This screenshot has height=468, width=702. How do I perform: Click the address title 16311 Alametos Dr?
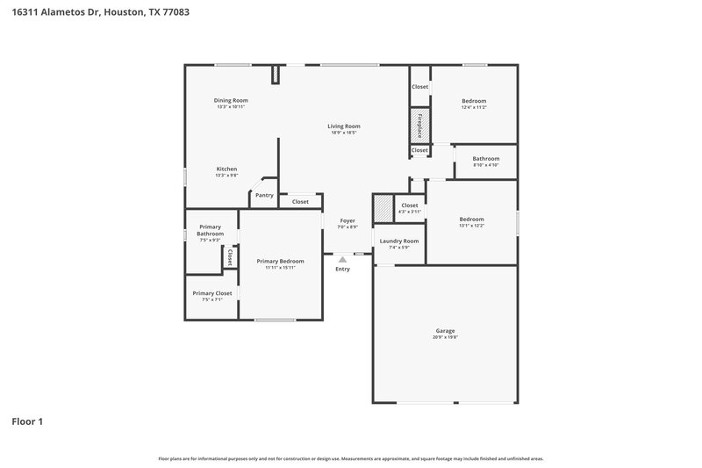point(100,12)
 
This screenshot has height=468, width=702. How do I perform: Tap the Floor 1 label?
point(27,421)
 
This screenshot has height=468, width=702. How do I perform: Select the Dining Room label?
point(231,101)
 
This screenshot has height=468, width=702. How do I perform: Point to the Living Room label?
point(345,126)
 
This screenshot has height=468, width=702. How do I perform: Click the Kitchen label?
point(226,169)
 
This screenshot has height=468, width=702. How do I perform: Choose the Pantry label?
point(264,196)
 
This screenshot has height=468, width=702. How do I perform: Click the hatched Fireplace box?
point(419,126)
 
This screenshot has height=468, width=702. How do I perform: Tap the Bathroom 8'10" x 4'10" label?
point(485,159)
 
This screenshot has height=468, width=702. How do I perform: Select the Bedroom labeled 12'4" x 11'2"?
point(474,101)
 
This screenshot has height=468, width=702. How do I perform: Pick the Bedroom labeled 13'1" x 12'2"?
point(471,220)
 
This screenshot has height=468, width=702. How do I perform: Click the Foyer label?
point(347,220)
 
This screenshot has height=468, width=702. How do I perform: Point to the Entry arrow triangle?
point(342,259)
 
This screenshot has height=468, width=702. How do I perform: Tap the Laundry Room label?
point(398,241)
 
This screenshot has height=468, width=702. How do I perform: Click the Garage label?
point(445,331)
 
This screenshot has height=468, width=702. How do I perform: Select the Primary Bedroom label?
point(280,262)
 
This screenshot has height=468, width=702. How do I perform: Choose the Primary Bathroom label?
point(210,230)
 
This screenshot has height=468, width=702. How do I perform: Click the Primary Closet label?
point(211,293)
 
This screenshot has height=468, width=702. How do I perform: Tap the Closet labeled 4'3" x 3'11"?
point(409,205)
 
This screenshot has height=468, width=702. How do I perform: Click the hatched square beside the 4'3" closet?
point(383,208)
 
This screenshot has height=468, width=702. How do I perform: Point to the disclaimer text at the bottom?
point(350,458)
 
